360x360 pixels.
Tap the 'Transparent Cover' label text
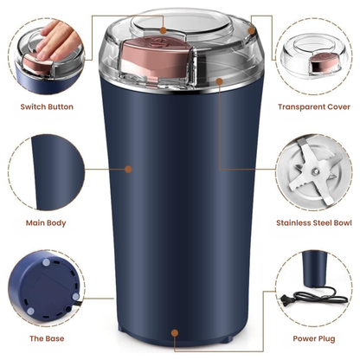pos(313,106)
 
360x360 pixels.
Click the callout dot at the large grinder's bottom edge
pos(177,331)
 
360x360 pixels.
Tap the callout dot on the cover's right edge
pos(252,31)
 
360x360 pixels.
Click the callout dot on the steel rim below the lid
pos(220,80)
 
